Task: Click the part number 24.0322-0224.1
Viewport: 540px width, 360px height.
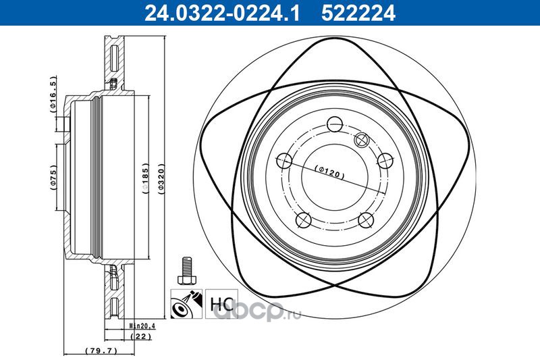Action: point(222,13)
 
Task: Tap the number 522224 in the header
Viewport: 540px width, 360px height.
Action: point(358,13)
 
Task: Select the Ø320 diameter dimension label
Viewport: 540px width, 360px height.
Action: point(161,180)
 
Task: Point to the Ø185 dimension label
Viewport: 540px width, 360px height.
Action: point(145,178)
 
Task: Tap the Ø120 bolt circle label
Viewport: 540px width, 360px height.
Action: point(329,172)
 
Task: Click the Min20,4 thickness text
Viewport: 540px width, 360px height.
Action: point(140,325)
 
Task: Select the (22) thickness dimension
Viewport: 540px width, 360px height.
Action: point(141,336)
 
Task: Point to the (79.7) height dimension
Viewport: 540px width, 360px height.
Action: point(101,351)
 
